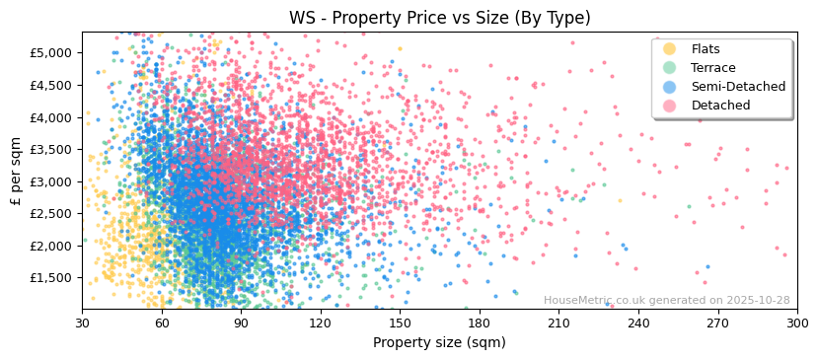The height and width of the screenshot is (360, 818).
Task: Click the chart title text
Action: point(439,18)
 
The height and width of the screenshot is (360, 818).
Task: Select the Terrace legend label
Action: point(713,68)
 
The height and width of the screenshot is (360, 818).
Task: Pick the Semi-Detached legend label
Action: point(738,87)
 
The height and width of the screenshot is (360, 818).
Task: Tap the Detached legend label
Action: point(720,106)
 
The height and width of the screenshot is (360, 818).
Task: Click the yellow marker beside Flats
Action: point(670,49)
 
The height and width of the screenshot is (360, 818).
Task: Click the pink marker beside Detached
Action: point(670,106)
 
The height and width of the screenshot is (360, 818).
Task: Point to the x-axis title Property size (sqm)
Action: point(439,343)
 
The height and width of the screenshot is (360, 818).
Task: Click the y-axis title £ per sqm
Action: point(16,172)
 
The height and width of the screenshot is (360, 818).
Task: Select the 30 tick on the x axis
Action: point(82,324)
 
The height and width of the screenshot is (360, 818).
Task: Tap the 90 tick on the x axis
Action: point(241,324)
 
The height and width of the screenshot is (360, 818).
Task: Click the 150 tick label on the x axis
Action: point(400,324)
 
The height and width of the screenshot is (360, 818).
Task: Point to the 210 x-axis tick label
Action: point(558,324)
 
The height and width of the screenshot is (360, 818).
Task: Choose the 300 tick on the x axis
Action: point(796,324)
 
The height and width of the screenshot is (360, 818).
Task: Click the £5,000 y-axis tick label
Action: point(51,52)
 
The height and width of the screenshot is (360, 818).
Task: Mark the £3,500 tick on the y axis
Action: point(51,149)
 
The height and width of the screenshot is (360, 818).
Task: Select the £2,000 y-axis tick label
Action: point(51,246)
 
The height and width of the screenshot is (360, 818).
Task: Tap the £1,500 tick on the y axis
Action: point(51,278)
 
